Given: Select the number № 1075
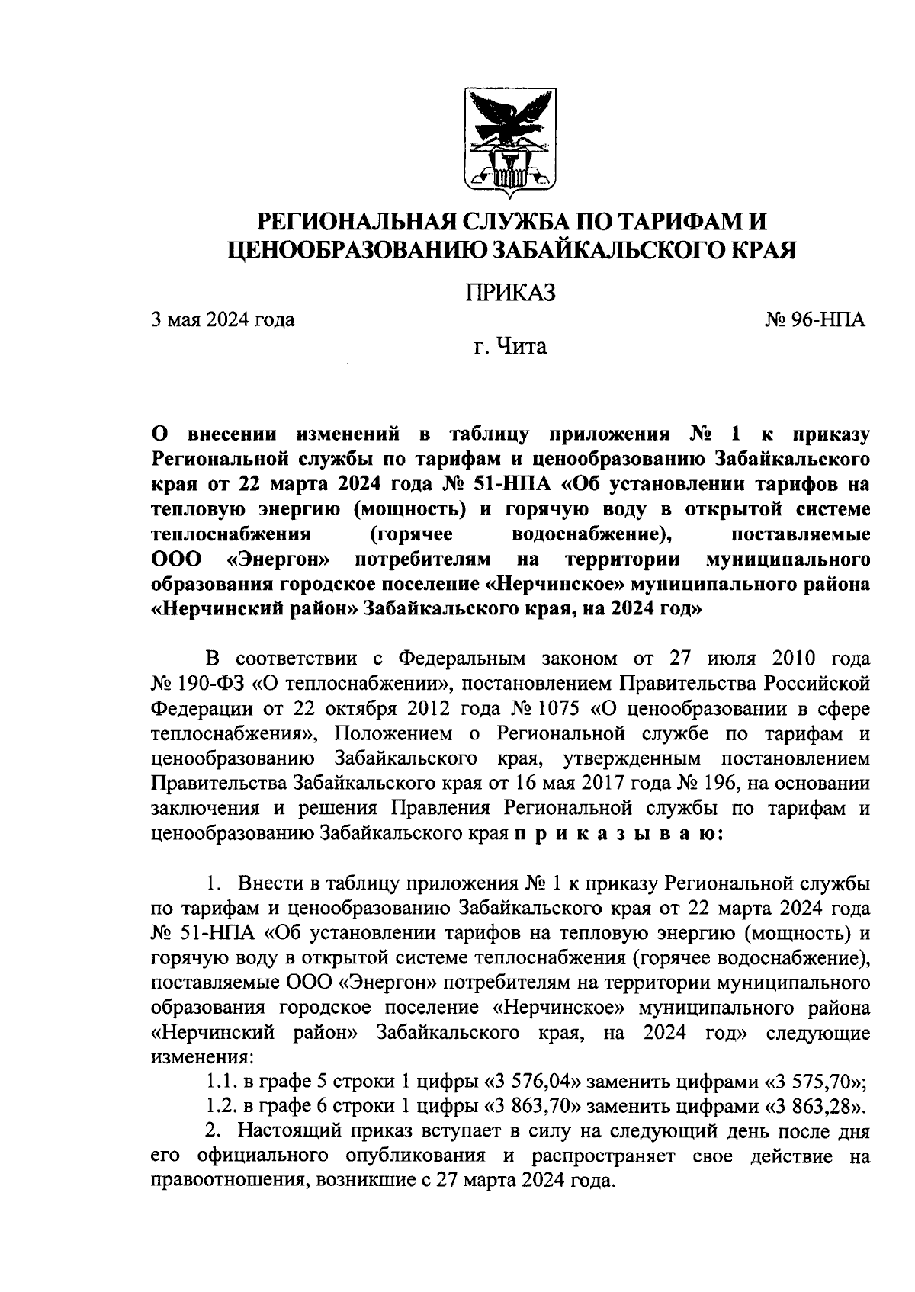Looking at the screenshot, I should coord(558,707).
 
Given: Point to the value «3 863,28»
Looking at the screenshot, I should coord(813,1107).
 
